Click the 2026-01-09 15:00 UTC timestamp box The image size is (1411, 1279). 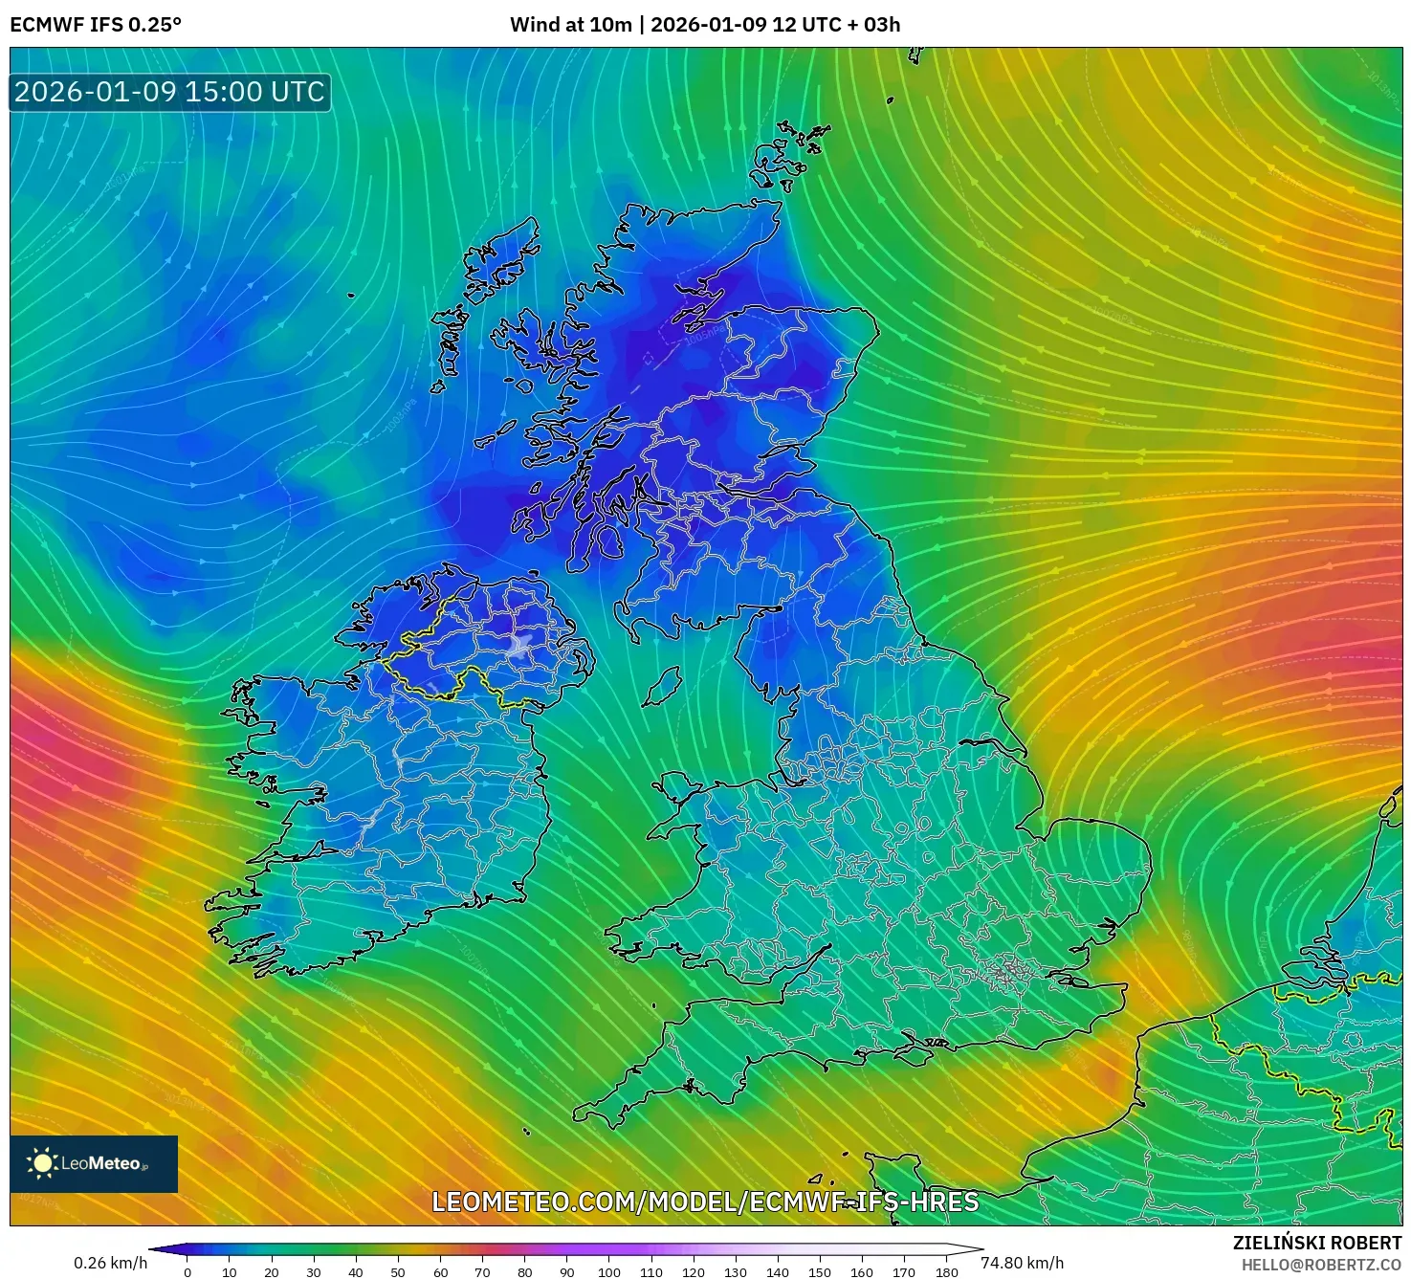point(170,92)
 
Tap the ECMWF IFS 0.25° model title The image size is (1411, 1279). point(96,25)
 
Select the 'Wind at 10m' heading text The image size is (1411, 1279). point(570,25)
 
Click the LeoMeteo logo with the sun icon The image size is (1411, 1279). point(94,1163)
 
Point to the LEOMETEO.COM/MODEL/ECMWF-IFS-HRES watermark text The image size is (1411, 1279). point(705,1202)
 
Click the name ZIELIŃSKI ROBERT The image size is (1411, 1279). point(1316,1243)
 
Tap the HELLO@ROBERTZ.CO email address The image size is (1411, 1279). point(1321,1265)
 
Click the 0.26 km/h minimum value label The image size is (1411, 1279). point(111,1263)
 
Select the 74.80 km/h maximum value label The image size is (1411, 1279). point(1022,1263)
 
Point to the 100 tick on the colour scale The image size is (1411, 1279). point(609,1272)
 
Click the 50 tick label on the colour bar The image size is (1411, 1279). point(398,1272)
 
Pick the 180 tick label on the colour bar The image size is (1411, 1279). point(946,1272)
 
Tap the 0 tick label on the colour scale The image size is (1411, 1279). point(187,1272)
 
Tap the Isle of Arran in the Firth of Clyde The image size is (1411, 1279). point(609,541)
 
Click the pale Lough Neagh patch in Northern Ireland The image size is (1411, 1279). point(520,645)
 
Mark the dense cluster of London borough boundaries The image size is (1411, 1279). point(1004,974)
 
